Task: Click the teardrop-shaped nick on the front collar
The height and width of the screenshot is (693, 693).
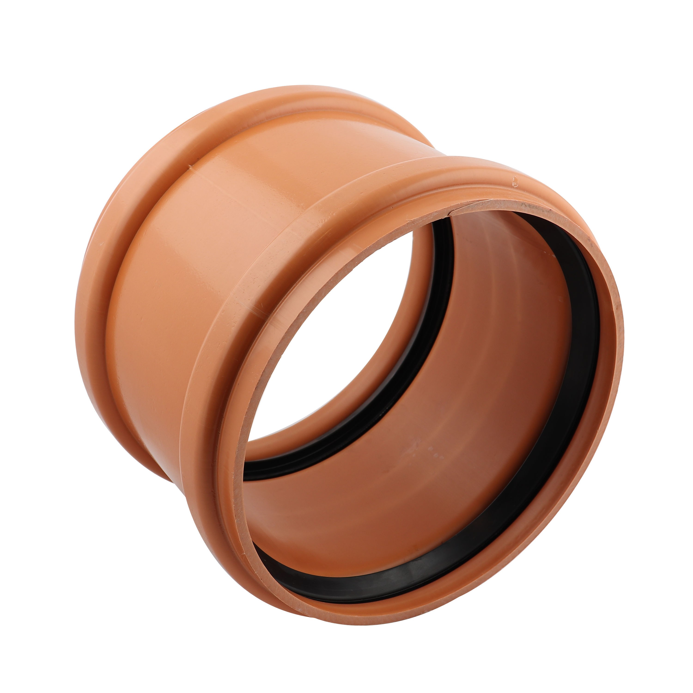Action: (x=515, y=182)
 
